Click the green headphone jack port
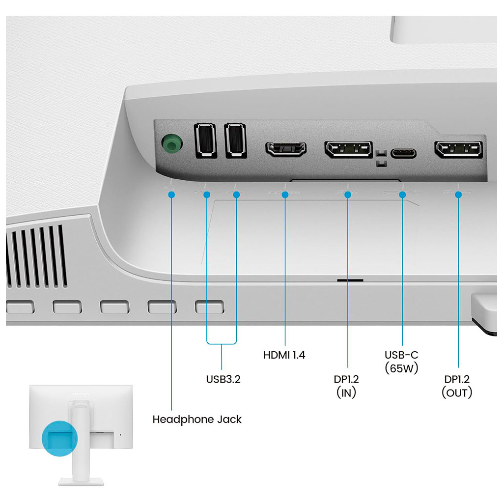point(170,143)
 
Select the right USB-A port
point(236,140)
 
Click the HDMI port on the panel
point(286,149)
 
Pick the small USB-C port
point(403,152)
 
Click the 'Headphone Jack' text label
point(197,419)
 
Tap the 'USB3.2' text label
point(223,379)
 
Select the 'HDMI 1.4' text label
point(284,355)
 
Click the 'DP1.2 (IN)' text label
point(346,386)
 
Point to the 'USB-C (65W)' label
point(401,361)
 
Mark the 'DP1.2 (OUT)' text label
point(457,386)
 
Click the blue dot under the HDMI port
point(285,195)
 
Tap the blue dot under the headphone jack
point(171,195)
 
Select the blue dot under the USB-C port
point(403,195)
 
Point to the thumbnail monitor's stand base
point(81,481)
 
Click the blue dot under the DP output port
point(458,195)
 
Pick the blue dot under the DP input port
point(348,195)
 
